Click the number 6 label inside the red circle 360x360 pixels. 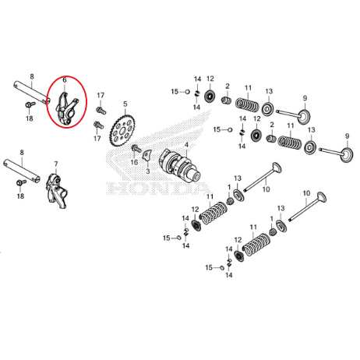coord(65,80)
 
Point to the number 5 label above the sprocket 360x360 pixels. coord(125,104)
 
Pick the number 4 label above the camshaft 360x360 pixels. coord(186,145)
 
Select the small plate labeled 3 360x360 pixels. coord(146,155)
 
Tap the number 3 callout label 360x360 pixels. coord(148,171)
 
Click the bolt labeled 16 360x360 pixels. coord(136,149)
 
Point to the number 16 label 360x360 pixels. coord(134,162)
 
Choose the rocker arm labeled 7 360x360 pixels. coord(57,191)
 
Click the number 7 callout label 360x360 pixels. coord(56,164)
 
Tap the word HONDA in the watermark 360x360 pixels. coord(157,189)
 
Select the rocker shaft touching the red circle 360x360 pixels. coord(32,93)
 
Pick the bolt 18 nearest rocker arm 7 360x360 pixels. coord(21,182)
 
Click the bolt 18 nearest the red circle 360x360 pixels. coord(30,105)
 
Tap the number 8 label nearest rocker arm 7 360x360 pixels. coord(22,152)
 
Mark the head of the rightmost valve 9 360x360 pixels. coord(347,155)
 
